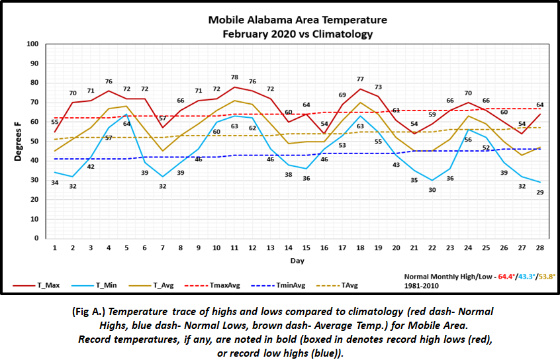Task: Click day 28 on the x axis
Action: tap(541, 247)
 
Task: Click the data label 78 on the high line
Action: tap(235, 78)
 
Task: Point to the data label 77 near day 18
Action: tap(361, 79)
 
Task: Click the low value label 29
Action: tap(541, 192)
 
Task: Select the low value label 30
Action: tap(433, 190)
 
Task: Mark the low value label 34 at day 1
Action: tap(54, 183)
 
